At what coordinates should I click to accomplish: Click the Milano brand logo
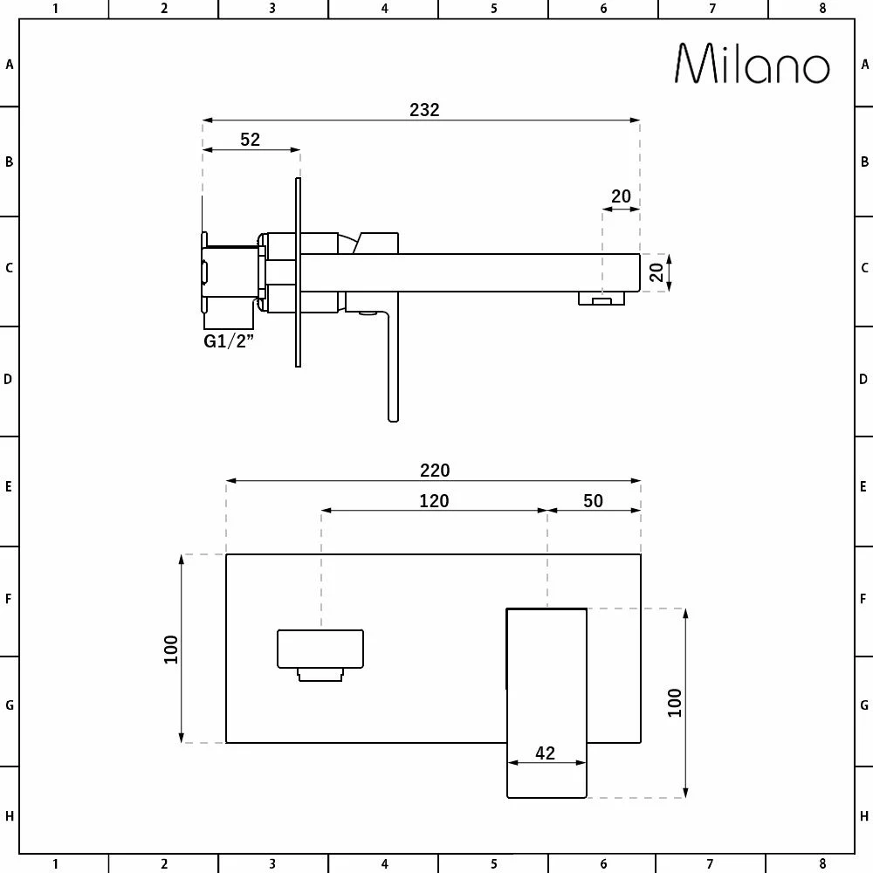coord(752,64)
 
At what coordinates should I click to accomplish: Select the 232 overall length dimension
coord(424,110)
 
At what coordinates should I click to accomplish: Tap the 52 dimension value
coord(251,140)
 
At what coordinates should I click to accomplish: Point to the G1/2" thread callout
coord(228,341)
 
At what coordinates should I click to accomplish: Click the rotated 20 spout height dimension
coord(657,272)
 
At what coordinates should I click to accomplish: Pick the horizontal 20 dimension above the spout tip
coord(621,196)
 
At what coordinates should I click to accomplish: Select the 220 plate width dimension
coord(434,471)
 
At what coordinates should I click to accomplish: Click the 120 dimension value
coord(434,500)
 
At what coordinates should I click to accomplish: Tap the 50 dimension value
coord(593,500)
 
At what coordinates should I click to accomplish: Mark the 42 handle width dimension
coord(545,753)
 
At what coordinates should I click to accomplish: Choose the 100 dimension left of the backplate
coord(171,649)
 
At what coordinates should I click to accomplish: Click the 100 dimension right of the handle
coord(675,703)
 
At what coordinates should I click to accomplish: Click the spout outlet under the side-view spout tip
coord(601,299)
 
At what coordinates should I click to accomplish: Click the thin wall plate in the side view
coord(298,273)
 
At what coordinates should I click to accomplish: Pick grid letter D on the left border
coord(9,380)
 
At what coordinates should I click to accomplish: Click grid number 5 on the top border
coord(493,9)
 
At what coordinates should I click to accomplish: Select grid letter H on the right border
coord(864,816)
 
